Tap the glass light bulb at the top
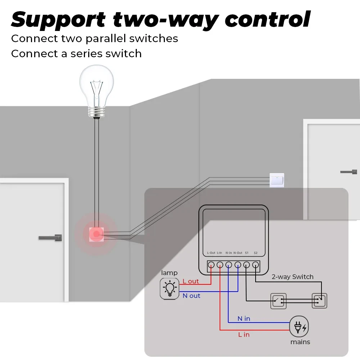coord(96,88)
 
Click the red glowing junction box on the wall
coord(96,234)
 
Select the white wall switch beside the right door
coord(276,180)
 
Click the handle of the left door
coord(50,238)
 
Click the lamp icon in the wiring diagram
coord(169,289)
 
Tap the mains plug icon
coord(299,327)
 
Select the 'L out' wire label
coord(190,281)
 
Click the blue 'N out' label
coord(191,296)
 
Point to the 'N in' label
coord(244,319)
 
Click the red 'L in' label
coord(244,334)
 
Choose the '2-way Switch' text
coord(292,277)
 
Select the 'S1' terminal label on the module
coord(247,253)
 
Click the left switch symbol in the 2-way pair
coord(278,301)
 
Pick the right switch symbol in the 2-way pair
coord(319,300)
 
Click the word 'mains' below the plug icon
coord(300,342)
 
